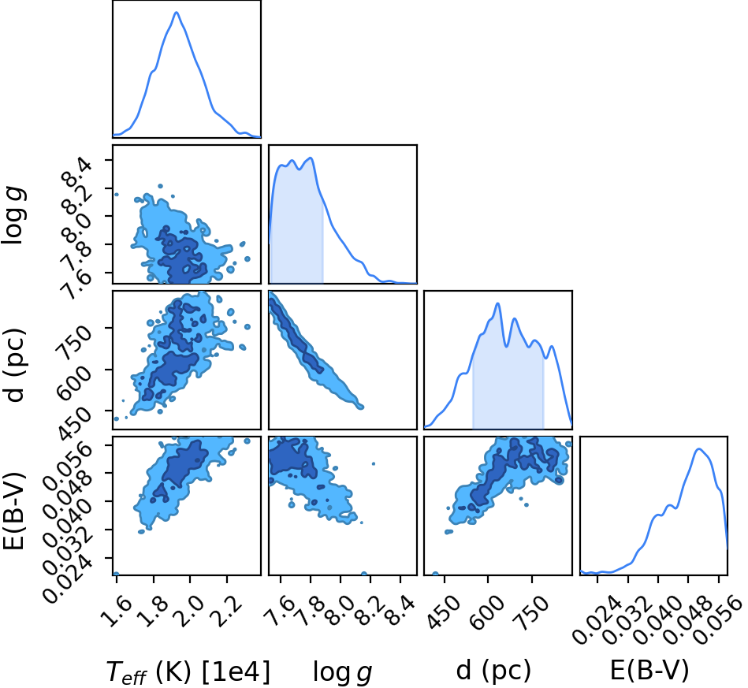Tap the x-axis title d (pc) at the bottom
[493, 671]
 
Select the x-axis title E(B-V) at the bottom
[649, 671]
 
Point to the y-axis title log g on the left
[13, 216]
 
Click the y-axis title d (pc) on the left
[13, 365]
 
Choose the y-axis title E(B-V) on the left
[13, 511]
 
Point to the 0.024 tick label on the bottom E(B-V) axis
[597, 620]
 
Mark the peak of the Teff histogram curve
[176, 12]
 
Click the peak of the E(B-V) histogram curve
[699, 448]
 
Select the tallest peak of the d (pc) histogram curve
[497, 303]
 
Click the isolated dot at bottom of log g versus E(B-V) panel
[364, 574]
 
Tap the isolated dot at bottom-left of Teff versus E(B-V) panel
[116, 574]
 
